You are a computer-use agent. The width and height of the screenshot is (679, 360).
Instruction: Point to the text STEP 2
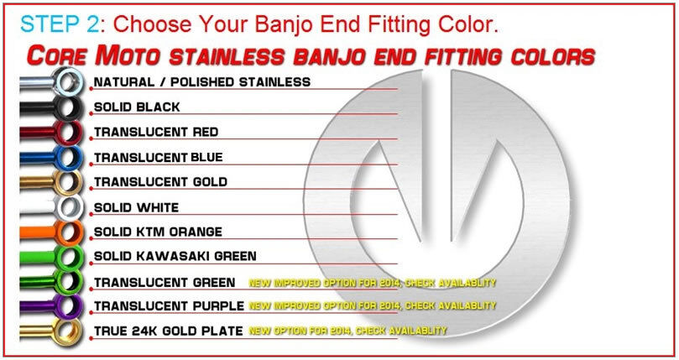(x=60, y=23)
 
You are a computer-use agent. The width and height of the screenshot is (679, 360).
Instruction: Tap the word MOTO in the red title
(x=128, y=56)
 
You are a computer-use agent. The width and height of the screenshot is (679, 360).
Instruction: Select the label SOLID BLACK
(x=137, y=107)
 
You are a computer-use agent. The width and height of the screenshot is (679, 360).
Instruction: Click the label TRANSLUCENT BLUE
(x=159, y=157)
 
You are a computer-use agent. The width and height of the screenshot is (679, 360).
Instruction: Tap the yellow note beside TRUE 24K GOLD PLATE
(x=347, y=331)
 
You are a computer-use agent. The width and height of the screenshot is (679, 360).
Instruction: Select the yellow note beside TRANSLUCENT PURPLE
(x=373, y=305)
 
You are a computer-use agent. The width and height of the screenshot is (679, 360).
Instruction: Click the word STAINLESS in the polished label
(x=275, y=82)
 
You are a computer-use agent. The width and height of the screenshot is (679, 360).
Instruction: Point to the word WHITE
(x=157, y=207)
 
